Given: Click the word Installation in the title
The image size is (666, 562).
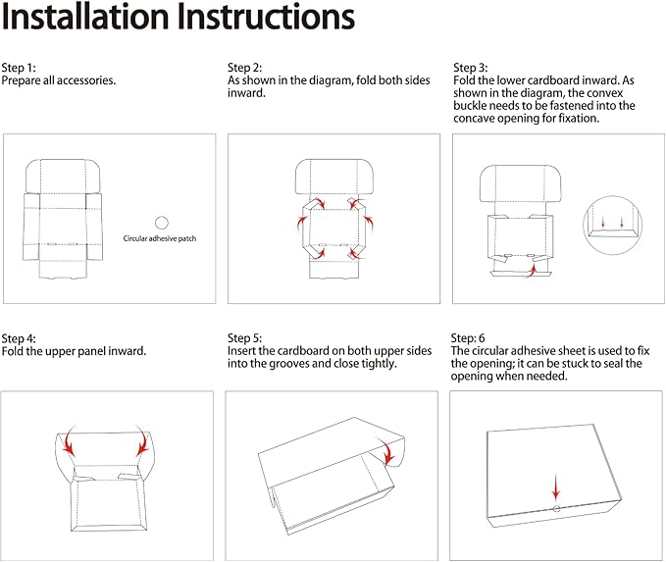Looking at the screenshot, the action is pyautogui.click(x=85, y=17).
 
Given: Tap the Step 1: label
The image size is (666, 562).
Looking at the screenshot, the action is pyautogui.click(x=19, y=68).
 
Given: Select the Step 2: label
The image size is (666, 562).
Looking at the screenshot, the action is pyautogui.click(x=244, y=68).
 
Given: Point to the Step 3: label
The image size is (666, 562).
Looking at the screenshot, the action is pyautogui.click(x=471, y=68).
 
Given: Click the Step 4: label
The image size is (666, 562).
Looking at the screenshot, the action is pyautogui.click(x=19, y=338).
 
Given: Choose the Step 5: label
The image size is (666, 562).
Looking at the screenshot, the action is pyautogui.click(x=244, y=338).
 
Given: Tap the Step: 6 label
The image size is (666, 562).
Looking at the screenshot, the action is pyautogui.click(x=468, y=338).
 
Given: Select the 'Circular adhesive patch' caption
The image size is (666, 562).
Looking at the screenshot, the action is pyautogui.click(x=160, y=238).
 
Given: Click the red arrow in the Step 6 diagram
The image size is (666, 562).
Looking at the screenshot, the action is pyautogui.click(x=556, y=487).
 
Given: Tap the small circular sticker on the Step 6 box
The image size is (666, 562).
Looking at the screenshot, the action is pyautogui.click(x=556, y=509).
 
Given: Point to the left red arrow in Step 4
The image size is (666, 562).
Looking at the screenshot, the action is pyautogui.click(x=71, y=441).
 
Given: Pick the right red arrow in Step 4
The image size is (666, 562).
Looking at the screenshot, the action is pyautogui.click(x=142, y=441).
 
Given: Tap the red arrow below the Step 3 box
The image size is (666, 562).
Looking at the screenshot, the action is pyautogui.click(x=532, y=270).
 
